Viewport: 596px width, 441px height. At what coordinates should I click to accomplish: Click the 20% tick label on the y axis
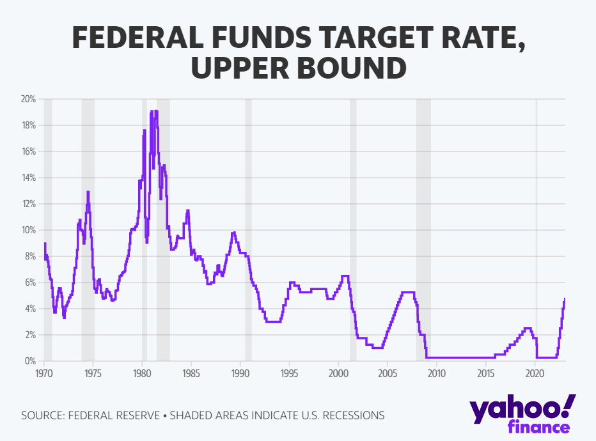coord(29,99)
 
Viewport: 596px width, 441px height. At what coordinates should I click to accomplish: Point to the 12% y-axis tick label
coord(29,204)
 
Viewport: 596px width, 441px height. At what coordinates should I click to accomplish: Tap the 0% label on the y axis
coord(31,361)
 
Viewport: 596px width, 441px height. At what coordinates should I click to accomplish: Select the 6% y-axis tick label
coord(31,282)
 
